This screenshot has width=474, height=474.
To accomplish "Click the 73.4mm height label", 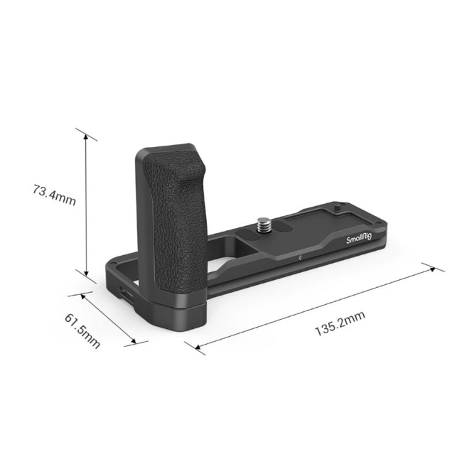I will [x=54, y=193].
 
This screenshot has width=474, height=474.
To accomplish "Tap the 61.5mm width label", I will [x=82, y=328].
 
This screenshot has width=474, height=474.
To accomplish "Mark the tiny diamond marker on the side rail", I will [x=301, y=257].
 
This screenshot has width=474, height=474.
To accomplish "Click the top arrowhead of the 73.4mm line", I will [x=86, y=135].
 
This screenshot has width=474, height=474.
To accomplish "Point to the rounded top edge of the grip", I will [x=168, y=149].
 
